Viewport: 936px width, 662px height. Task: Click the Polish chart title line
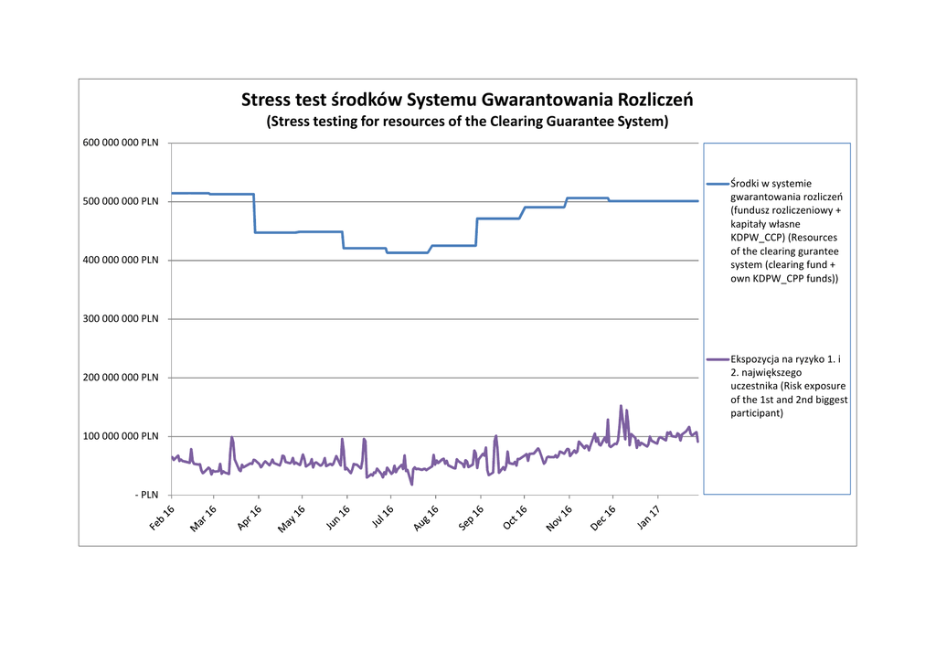pos(467,99)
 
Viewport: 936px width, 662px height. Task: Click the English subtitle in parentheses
pos(467,121)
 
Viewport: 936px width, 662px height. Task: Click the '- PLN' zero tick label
pos(146,495)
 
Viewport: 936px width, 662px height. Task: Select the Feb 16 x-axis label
pos(163,518)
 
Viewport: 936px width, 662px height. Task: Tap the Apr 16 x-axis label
pos(250,518)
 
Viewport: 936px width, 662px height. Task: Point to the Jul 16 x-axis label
pos(383,518)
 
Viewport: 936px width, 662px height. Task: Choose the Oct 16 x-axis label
pos(516,518)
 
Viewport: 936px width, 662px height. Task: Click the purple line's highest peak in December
pos(621,406)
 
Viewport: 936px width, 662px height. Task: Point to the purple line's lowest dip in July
pos(411,484)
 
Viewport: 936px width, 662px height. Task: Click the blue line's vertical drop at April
pos(254,213)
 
